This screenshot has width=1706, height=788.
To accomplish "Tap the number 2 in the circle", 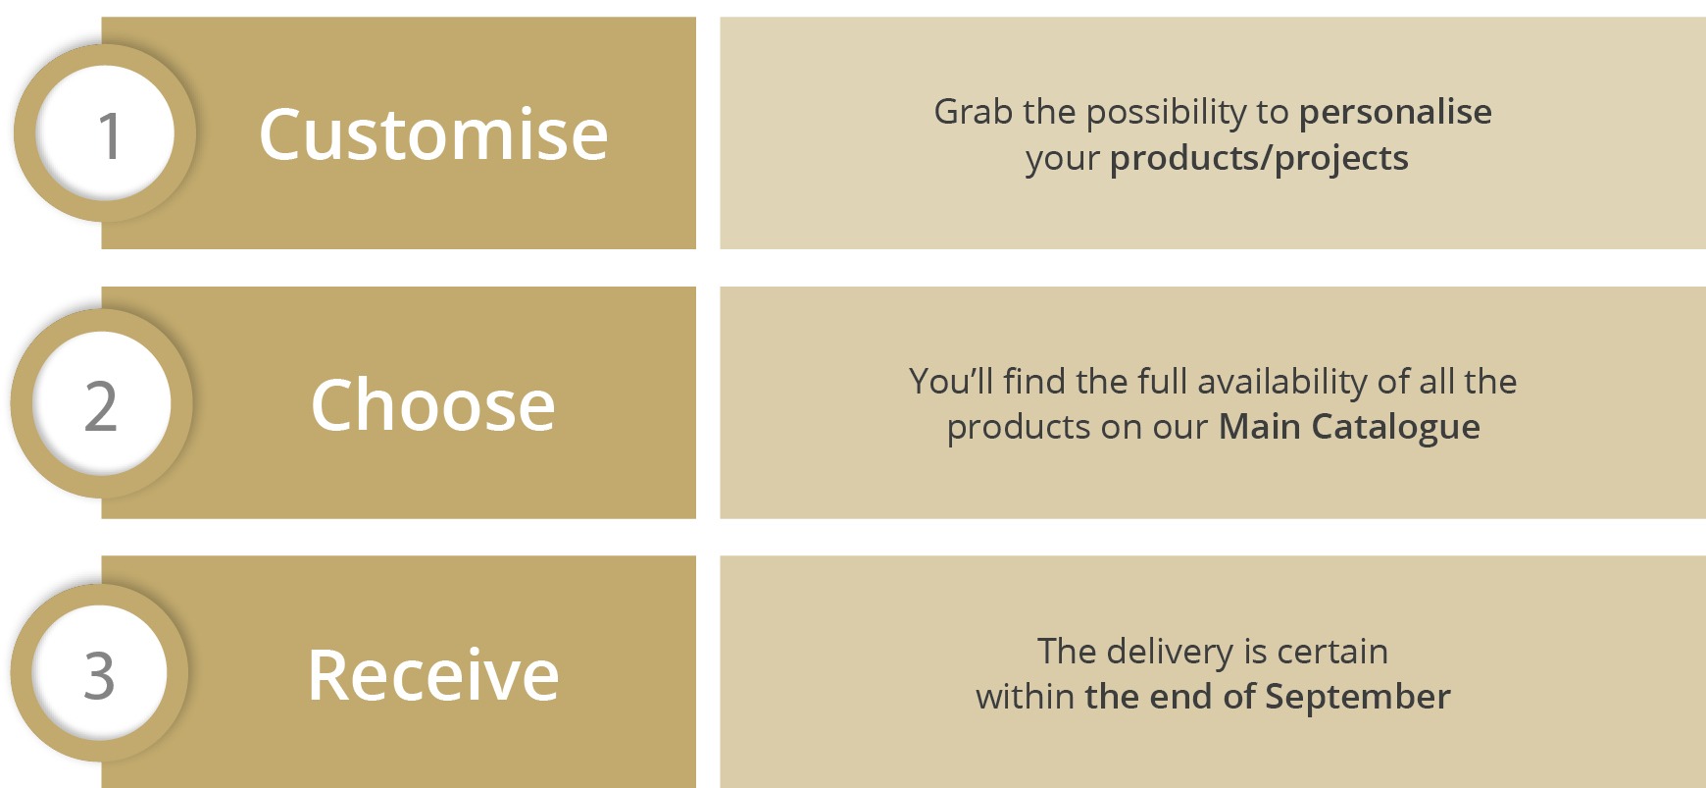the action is point(101,406).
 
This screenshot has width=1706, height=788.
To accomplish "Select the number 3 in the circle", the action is point(99,676).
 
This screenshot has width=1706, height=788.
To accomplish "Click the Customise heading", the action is point(433,134).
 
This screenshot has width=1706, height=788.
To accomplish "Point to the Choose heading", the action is point(433,404).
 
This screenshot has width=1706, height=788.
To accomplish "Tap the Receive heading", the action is point(433,675).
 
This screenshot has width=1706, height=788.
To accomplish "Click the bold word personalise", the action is point(1395,113).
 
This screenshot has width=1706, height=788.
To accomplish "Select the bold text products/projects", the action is point(1259,159).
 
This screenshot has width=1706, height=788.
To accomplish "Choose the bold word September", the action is point(1357,698).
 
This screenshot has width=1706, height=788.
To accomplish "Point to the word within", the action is point(1026,697).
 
